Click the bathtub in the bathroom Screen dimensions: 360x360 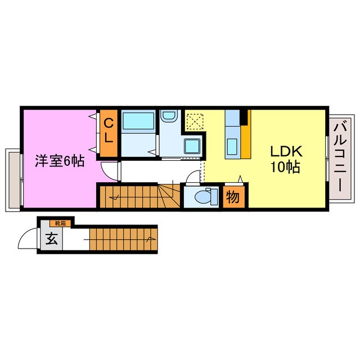click(138, 120)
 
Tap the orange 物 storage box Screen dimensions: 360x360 click(232, 197)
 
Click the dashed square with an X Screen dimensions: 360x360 click(195, 120)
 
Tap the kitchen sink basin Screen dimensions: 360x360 click(232, 146)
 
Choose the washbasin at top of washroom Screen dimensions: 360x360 click(168, 116)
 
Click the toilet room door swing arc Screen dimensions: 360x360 click(193, 177)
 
